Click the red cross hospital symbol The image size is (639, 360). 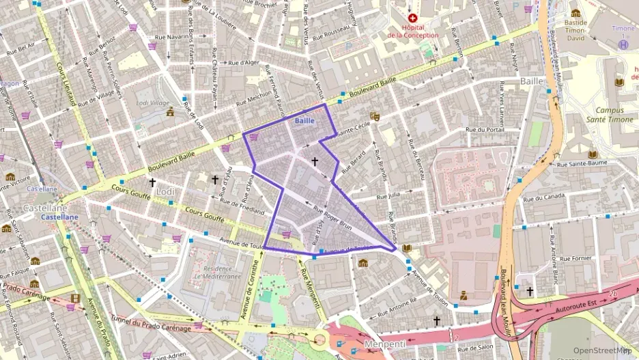coord(412,18)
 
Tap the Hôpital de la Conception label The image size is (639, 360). coord(413,31)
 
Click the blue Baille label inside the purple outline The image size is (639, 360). coord(304,121)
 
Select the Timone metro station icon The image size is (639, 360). coord(623,44)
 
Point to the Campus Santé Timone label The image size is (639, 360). coord(614,114)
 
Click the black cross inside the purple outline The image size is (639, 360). coord(315,162)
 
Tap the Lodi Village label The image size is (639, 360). coord(152,103)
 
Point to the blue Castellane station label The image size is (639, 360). coord(59,217)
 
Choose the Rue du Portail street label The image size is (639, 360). coord(485,129)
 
